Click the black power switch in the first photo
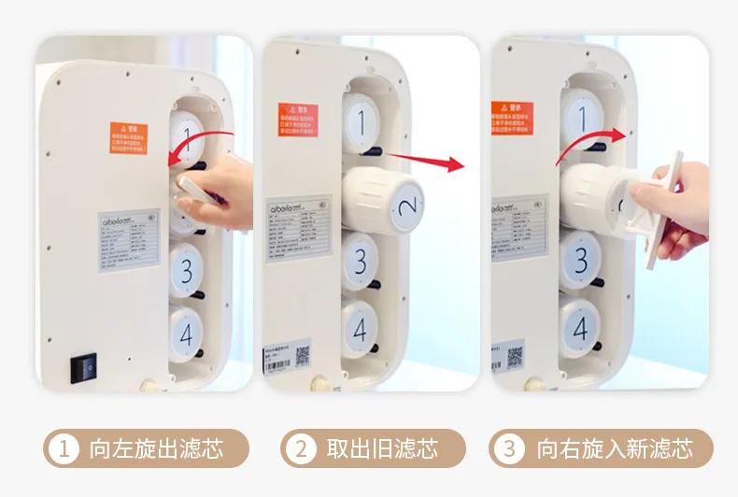(x=86, y=367)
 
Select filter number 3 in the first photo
(x=187, y=270)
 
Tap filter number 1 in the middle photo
(x=361, y=120)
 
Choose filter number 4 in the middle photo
(x=360, y=327)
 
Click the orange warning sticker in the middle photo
(x=298, y=119)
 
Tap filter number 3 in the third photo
(x=581, y=263)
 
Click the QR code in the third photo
(x=515, y=356)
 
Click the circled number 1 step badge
(x=63, y=448)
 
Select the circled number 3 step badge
(x=509, y=448)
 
